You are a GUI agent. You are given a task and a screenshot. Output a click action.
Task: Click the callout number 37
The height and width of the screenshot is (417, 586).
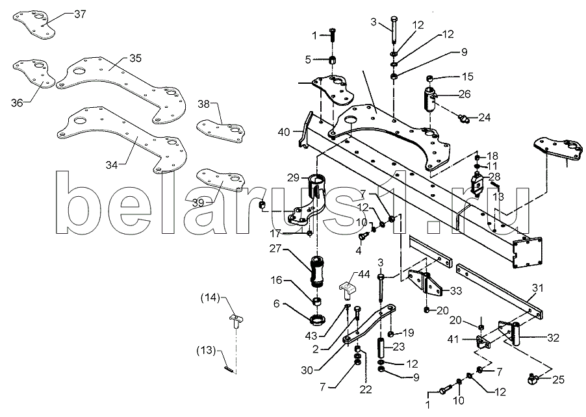(x=80, y=14)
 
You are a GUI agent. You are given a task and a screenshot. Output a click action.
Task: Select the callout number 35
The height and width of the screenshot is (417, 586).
(x=136, y=58)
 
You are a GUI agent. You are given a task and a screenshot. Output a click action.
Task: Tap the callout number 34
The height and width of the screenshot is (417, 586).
(x=111, y=165)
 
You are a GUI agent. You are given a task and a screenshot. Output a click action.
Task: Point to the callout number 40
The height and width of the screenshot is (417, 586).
(x=284, y=132)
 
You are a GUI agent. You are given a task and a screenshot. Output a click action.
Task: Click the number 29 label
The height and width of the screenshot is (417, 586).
(x=294, y=178)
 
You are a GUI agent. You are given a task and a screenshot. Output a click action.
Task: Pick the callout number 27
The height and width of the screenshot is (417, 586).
(x=275, y=249)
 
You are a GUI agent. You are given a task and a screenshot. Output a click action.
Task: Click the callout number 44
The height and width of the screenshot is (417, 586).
(x=364, y=275)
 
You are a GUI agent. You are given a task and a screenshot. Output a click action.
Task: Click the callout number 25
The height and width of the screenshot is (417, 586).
(x=558, y=380)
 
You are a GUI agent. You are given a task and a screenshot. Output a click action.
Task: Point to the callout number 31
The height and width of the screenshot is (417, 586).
(x=538, y=288)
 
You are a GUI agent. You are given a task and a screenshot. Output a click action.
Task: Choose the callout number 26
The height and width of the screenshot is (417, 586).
(x=465, y=94)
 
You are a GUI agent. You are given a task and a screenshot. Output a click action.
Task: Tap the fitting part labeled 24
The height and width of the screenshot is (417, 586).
(x=464, y=118)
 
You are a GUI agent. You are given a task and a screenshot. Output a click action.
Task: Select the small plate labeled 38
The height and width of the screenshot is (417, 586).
(x=222, y=130)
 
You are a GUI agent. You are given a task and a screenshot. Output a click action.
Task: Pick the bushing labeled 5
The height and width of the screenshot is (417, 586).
(x=333, y=60)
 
